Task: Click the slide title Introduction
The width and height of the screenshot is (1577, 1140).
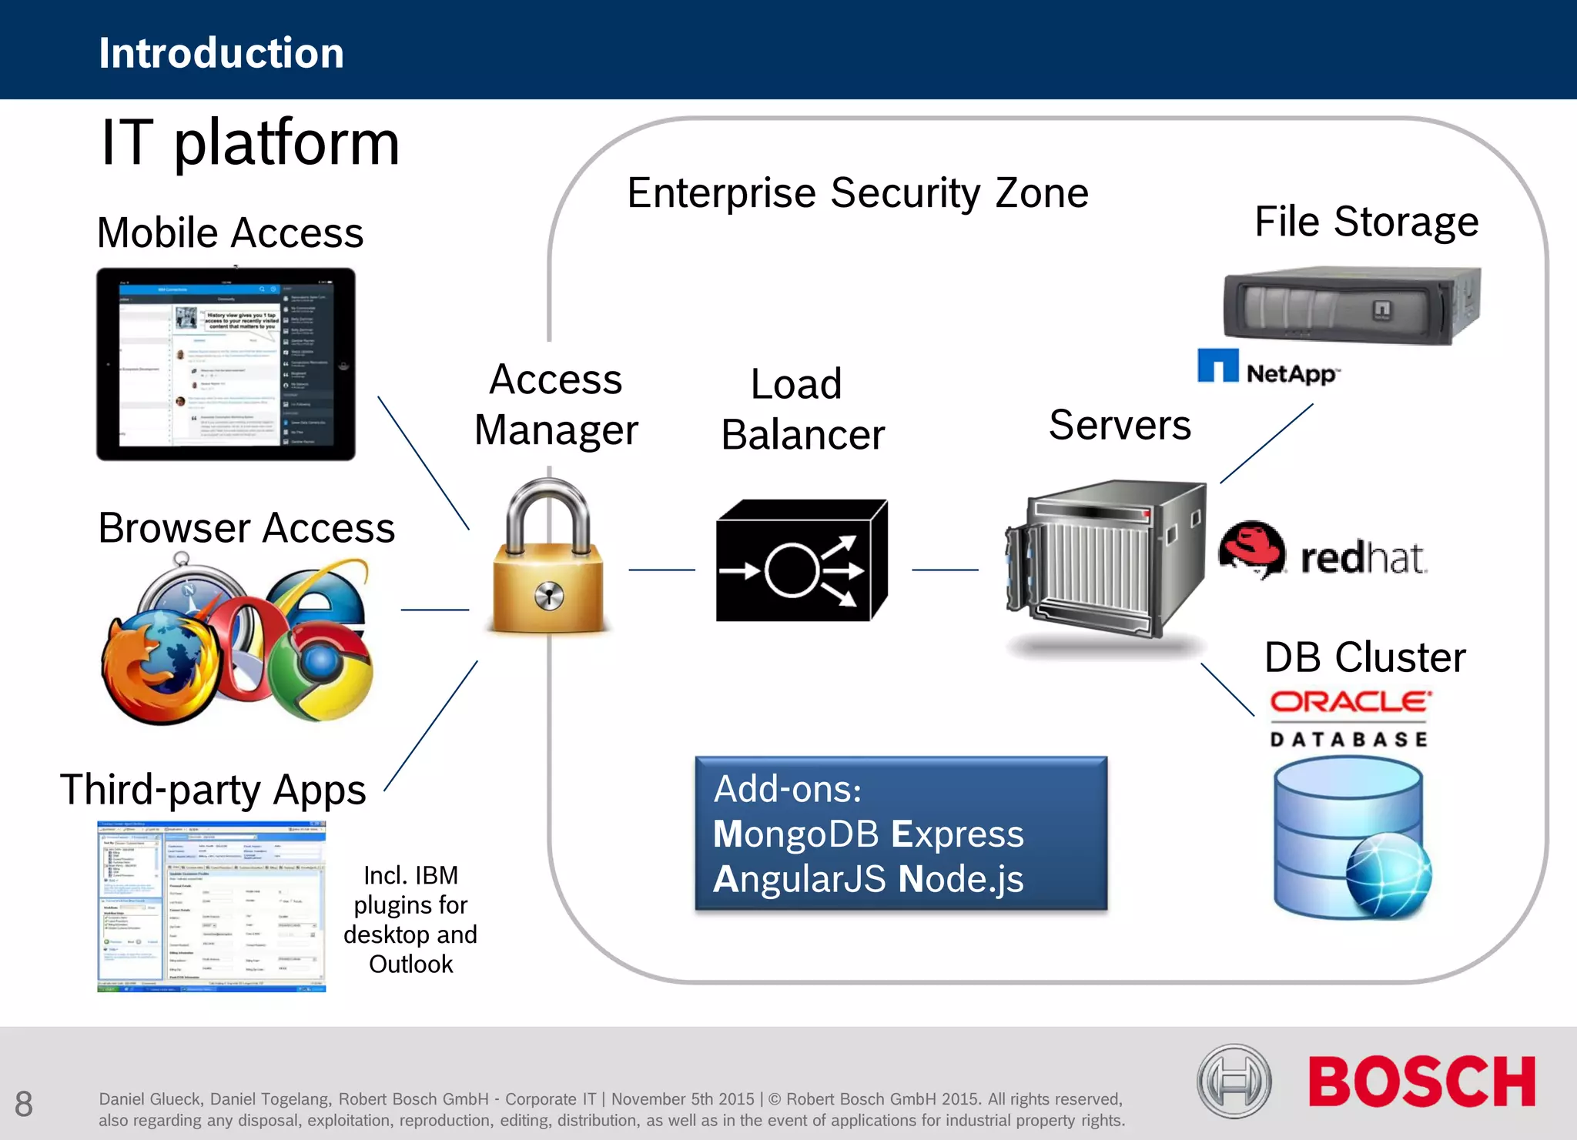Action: tap(221, 53)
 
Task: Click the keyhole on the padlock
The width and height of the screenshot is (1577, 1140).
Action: tap(548, 595)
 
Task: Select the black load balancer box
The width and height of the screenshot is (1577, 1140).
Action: tap(801, 560)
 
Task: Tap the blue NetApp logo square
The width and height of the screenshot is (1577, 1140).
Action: tap(1217, 366)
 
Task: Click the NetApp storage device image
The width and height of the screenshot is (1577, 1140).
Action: tap(1351, 306)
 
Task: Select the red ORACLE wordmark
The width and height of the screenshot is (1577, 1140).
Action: tap(1350, 701)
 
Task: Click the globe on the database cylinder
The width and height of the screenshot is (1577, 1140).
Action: tap(1388, 875)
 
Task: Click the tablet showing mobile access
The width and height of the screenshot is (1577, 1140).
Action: tap(226, 364)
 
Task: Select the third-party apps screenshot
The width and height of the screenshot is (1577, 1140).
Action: tap(212, 906)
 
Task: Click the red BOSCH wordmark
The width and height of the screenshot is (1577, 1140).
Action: tap(1421, 1081)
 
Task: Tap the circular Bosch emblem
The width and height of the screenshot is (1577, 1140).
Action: tap(1234, 1081)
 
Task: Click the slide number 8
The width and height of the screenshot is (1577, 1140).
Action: tap(24, 1104)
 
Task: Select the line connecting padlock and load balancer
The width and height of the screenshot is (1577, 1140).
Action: tap(661, 570)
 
